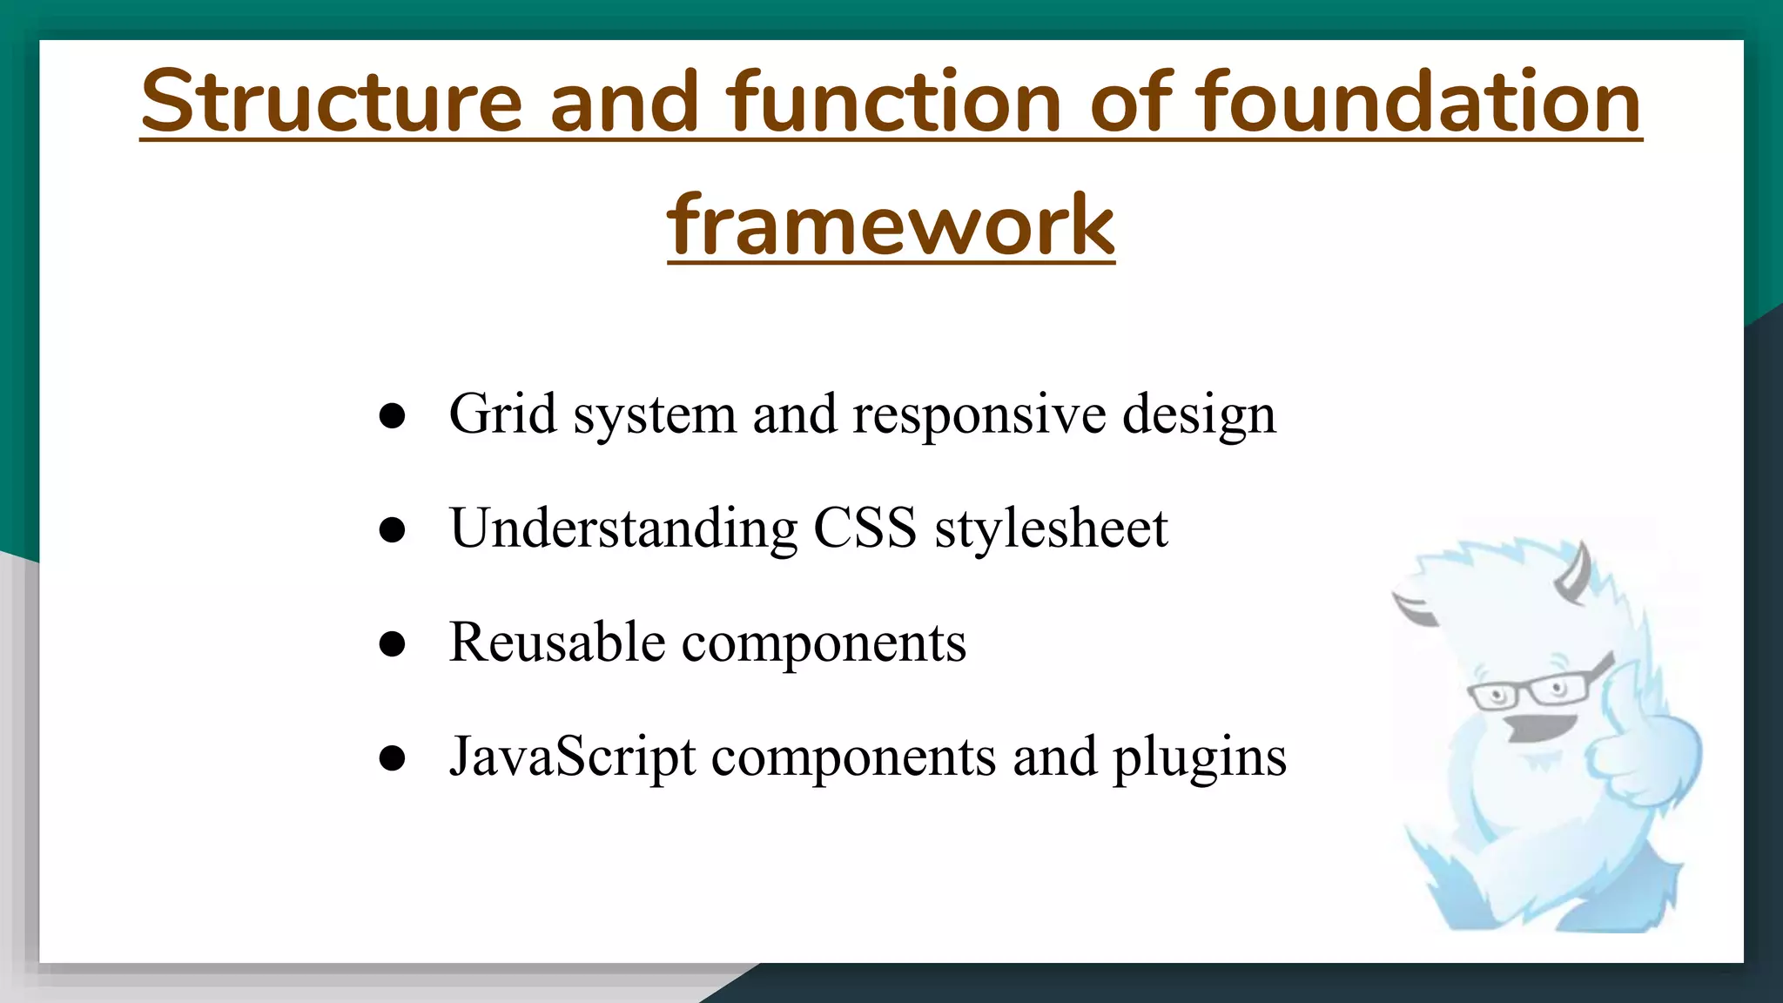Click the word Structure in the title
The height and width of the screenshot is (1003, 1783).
point(331,103)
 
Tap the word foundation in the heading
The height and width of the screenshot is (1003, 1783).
point(1418,103)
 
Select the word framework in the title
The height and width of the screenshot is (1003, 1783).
point(891,226)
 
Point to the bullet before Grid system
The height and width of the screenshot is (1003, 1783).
point(393,416)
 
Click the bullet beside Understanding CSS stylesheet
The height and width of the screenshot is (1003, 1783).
point(393,530)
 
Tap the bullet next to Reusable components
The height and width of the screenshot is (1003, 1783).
point(393,644)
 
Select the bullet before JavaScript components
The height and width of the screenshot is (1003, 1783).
point(393,758)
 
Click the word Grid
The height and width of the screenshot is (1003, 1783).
point(502,414)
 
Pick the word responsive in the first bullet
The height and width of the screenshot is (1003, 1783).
point(979,415)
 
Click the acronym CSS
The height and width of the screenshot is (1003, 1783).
point(865,528)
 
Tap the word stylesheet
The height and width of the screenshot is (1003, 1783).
point(1051,528)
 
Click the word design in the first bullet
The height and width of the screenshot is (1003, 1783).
point(1198,415)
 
